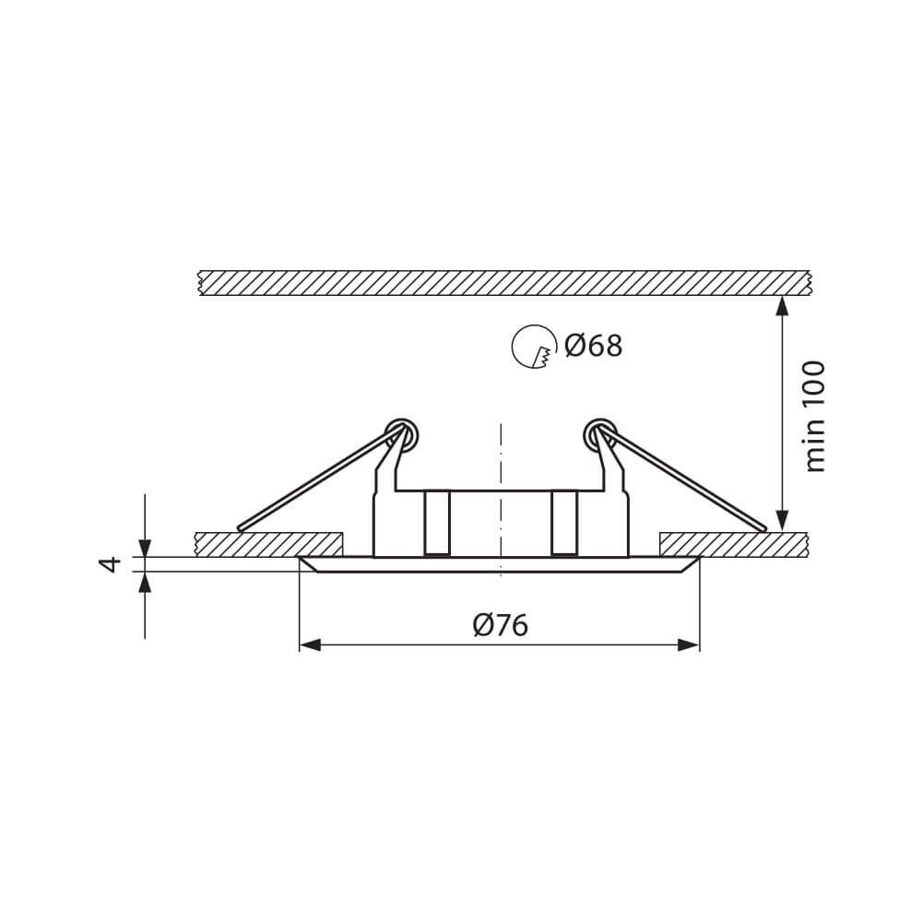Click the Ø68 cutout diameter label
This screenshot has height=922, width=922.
pos(593,346)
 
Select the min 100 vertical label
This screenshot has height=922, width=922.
pos(815,416)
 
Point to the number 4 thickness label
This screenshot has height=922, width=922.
pos(112,563)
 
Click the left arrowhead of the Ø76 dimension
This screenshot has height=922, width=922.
pos(310,644)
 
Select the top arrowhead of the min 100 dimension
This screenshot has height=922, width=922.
pos(783,305)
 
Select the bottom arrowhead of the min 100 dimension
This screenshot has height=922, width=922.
pos(783,521)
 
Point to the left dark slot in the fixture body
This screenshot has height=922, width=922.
pos(436,524)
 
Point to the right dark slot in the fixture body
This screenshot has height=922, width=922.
pos(563,524)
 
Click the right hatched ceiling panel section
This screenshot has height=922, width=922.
pos(734,544)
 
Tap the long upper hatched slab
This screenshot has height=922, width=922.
pos(502,283)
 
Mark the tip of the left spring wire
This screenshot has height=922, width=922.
pos(240,529)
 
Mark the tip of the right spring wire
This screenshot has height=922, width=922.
pos(763,529)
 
